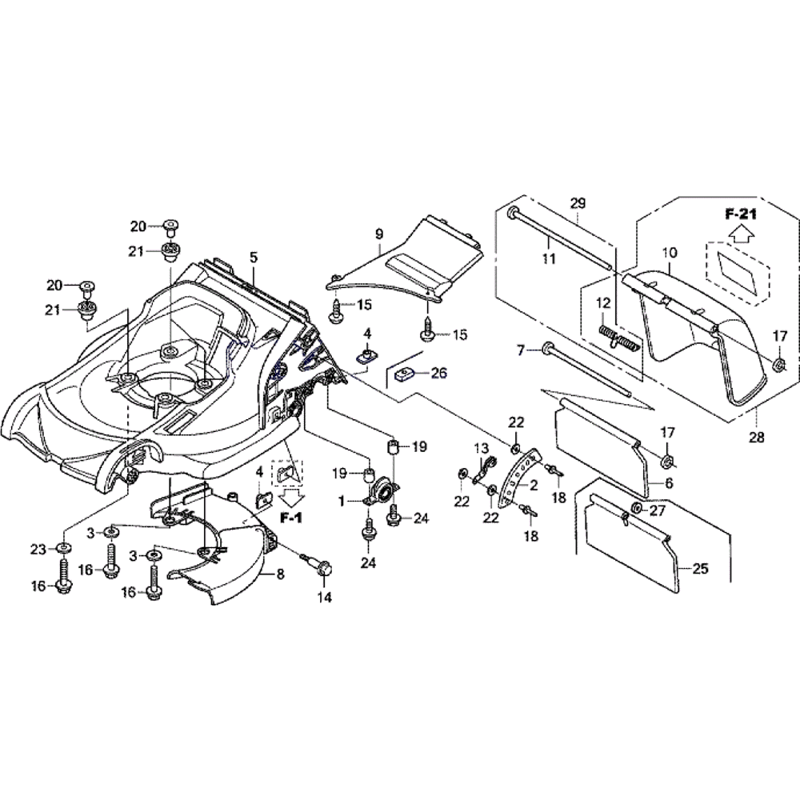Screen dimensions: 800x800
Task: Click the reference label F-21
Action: click(x=741, y=214)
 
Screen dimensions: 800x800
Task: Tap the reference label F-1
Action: click(x=292, y=518)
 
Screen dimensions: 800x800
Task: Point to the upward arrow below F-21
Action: click(x=741, y=233)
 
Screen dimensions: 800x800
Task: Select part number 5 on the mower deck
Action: click(x=254, y=258)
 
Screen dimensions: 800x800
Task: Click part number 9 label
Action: click(x=378, y=234)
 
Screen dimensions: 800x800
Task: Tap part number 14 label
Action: click(x=324, y=598)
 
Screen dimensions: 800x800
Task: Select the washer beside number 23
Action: click(x=62, y=550)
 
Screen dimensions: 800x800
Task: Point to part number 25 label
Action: click(x=700, y=570)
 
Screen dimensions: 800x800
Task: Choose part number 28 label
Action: click(x=756, y=437)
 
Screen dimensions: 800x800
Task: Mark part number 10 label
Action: click(x=670, y=254)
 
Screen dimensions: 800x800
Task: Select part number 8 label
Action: click(x=281, y=573)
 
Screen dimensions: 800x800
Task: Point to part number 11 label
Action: click(x=548, y=258)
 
